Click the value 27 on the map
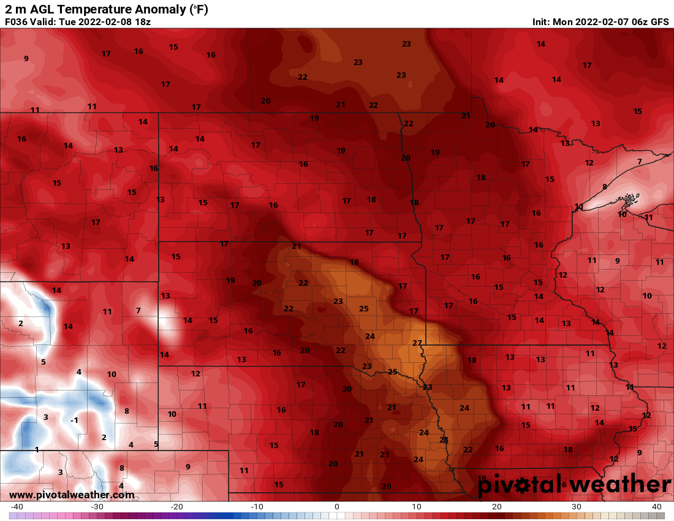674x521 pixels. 417,343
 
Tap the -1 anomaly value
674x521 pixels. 74,420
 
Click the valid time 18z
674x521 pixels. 142,21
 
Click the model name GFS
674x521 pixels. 659,21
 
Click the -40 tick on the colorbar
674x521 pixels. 17,507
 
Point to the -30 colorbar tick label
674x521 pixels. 97,507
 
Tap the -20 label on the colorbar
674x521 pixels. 177,507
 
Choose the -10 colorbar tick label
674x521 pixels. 257,507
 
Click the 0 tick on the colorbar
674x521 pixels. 337,507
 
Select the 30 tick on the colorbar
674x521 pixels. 577,507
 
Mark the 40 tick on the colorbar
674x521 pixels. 657,507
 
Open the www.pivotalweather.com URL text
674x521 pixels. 72,495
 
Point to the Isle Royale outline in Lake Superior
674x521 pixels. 629,198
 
